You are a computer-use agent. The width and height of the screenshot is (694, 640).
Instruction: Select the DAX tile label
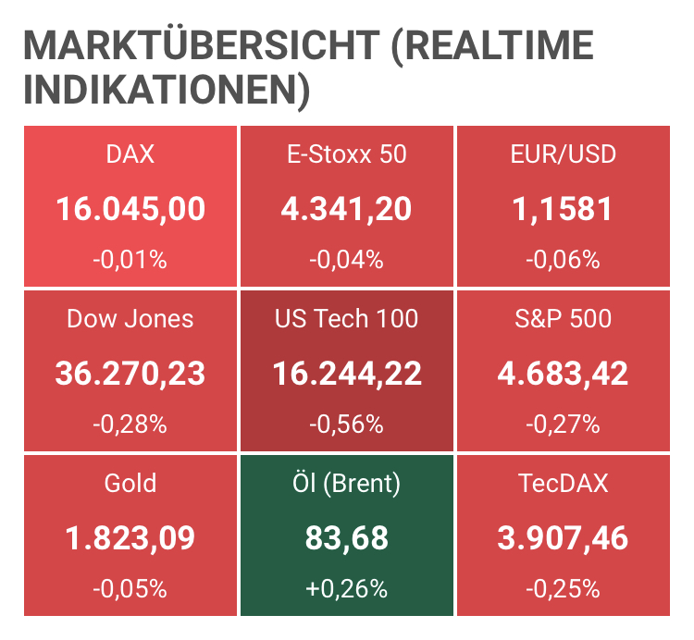pyautogui.click(x=130, y=154)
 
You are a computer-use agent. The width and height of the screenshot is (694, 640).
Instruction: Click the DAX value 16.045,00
pyautogui.click(x=130, y=208)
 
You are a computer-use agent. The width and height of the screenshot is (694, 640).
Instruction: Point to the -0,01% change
pyautogui.click(x=130, y=261)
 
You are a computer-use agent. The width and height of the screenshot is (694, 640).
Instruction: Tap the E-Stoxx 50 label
pyautogui.click(x=346, y=154)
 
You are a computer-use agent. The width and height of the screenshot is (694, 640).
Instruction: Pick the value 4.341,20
pyautogui.click(x=346, y=208)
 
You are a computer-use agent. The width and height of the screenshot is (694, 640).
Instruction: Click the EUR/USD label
pyautogui.click(x=563, y=154)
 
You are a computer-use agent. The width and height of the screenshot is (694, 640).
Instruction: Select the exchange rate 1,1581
pyautogui.click(x=563, y=208)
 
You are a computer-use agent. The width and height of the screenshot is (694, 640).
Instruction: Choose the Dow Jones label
pyautogui.click(x=130, y=319)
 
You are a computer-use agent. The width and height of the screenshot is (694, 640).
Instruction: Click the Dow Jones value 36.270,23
pyautogui.click(x=130, y=373)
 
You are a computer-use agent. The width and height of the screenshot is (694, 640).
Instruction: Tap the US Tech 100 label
pyautogui.click(x=346, y=319)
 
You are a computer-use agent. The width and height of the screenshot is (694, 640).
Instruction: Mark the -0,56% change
pyautogui.click(x=346, y=425)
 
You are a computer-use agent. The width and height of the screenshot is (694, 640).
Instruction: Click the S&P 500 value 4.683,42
pyautogui.click(x=563, y=373)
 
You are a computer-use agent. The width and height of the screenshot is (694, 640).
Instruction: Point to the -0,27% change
pyautogui.click(x=563, y=425)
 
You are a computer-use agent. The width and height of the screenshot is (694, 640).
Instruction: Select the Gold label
pyautogui.click(x=130, y=483)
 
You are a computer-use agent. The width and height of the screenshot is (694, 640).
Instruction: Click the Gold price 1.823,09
pyautogui.click(x=130, y=537)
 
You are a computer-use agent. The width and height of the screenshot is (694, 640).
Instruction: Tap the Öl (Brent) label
pyautogui.click(x=346, y=483)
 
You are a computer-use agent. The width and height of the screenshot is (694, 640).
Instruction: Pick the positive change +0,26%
pyautogui.click(x=346, y=589)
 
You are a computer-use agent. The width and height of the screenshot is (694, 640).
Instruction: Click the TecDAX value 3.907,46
pyautogui.click(x=563, y=537)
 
